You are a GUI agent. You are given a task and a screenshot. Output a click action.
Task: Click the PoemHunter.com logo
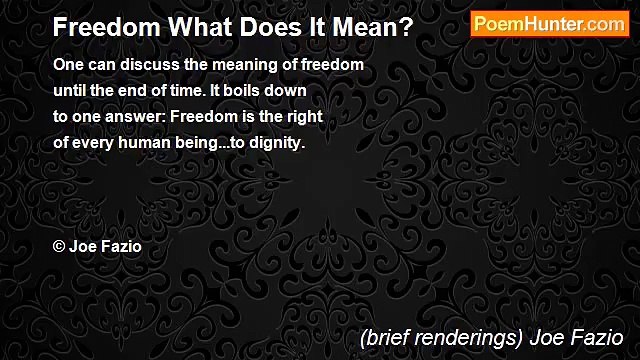coord(550,24)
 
